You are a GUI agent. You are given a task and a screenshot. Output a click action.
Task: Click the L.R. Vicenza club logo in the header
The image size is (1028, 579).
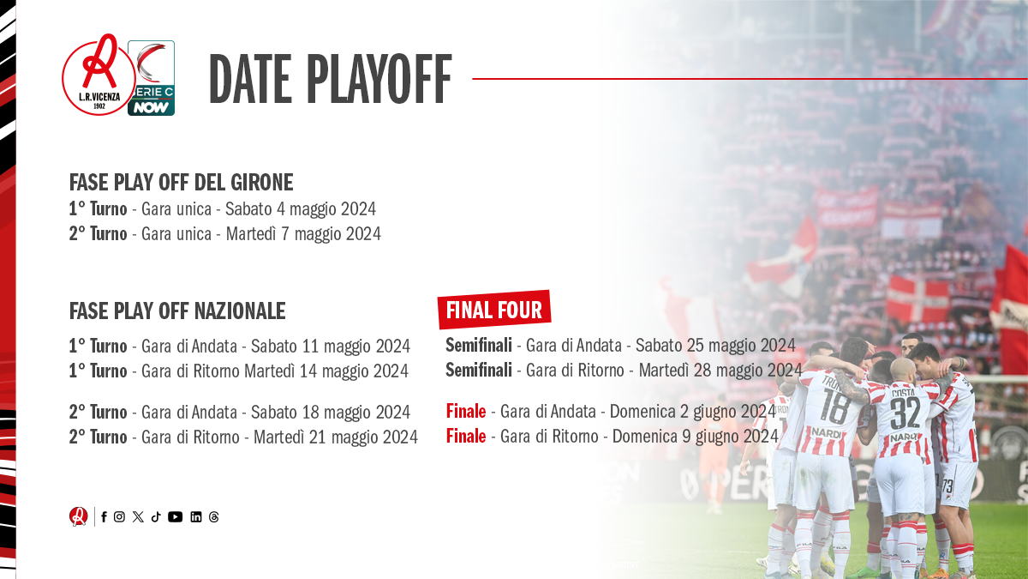[99, 75]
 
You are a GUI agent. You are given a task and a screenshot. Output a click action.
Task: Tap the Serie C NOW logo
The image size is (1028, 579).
[151, 78]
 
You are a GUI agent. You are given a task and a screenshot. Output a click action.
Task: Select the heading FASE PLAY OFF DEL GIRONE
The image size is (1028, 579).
[182, 183]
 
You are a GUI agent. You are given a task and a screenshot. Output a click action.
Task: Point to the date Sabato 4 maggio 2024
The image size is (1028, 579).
[301, 209]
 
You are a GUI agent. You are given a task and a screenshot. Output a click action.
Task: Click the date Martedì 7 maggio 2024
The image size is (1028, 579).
[303, 234]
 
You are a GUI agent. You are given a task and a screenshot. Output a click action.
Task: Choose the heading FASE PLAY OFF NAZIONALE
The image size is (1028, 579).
[177, 311]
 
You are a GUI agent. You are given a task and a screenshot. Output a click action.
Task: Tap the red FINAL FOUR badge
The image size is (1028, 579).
[494, 310]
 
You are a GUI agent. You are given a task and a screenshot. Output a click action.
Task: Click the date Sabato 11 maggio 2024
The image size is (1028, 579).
[331, 346]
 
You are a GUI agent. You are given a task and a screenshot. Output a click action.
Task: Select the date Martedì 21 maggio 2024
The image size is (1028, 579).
[336, 437]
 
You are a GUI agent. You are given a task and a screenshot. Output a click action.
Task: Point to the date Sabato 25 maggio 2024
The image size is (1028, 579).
[715, 345]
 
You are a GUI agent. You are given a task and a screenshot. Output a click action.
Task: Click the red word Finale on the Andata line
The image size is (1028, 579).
[466, 411]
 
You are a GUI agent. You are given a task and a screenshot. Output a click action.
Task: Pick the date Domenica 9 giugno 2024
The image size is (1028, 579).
[696, 436]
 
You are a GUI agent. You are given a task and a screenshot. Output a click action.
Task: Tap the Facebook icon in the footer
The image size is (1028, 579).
[105, 517]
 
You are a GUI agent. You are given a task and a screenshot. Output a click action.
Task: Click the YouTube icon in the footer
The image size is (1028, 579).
[175, 517]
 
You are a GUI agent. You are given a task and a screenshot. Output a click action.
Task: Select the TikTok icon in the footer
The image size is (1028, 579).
[156, 517]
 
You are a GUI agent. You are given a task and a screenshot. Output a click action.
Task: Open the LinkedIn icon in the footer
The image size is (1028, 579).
[196, 517]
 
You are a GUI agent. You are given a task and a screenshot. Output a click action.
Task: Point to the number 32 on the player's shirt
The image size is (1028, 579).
[905, 413]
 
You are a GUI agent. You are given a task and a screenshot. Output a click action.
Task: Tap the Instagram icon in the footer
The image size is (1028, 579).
[119, 517]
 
